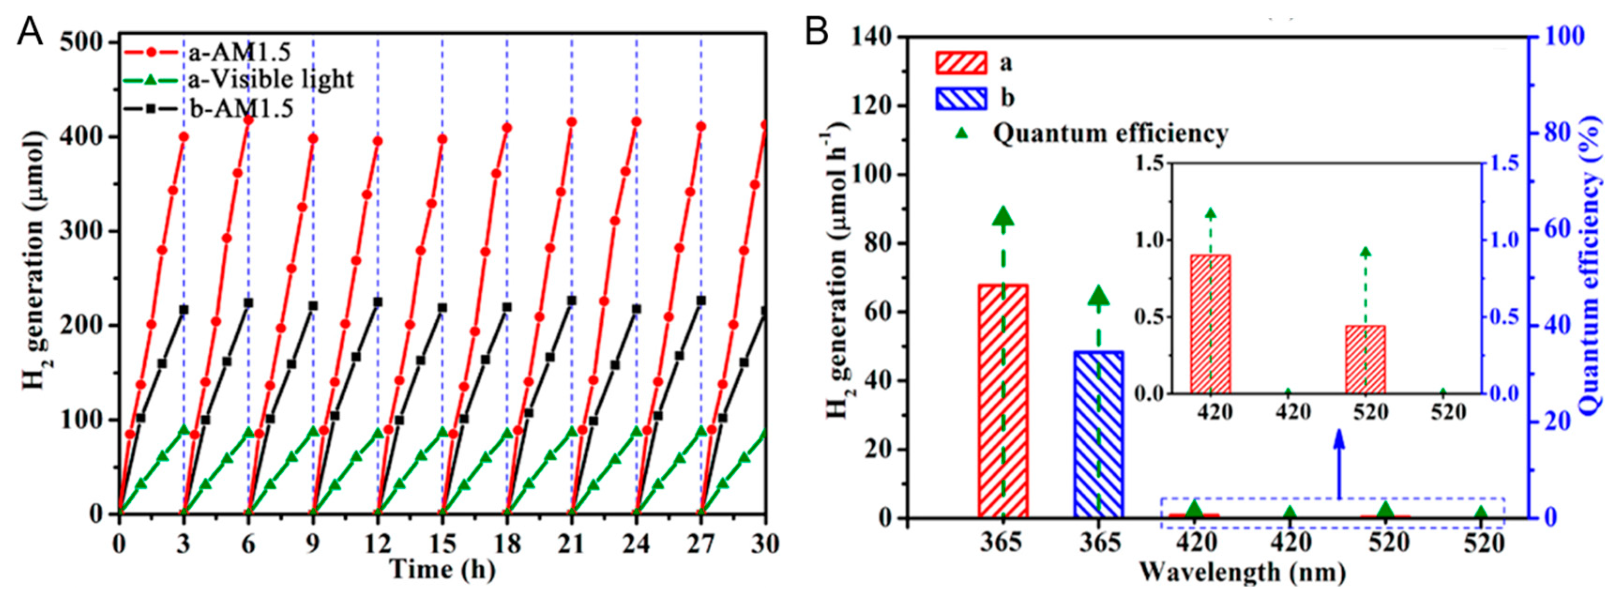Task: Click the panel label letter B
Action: click(817, 31)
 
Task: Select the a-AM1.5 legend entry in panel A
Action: click(239, 53)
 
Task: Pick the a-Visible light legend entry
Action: click(270, 80)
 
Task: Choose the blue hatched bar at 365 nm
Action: click(1098, 434)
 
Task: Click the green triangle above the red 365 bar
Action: click(1003, 217)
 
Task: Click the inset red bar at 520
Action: click(1365, 359)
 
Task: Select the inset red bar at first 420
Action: click(1210, 324)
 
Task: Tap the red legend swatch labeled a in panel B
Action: click(961, 63)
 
